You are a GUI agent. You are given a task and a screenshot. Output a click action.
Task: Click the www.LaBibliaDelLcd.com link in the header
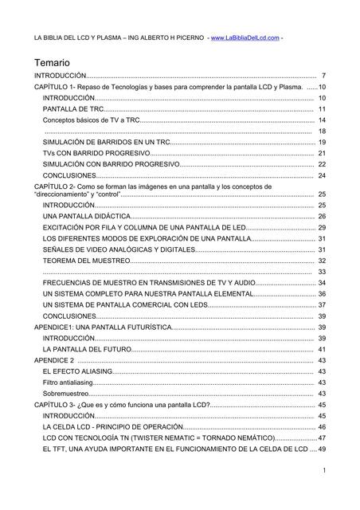(246, 37)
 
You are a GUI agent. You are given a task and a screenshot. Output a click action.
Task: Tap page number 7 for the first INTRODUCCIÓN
(323, 75)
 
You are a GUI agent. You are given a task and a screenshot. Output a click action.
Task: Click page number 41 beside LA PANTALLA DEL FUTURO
(322, 349)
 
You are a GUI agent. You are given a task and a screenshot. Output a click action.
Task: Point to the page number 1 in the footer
(325, 471)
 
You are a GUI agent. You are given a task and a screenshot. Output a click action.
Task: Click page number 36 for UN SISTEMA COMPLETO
(322, 294)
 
